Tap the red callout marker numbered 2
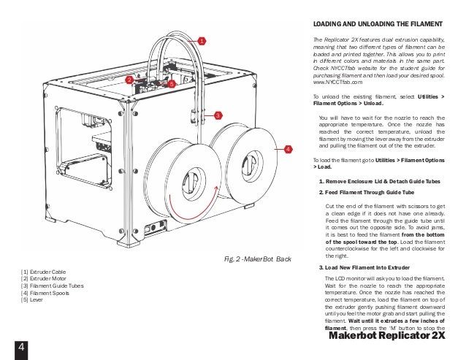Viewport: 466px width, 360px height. (129, 79)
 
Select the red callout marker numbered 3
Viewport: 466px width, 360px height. (217, 115)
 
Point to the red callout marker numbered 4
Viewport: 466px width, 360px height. (286, 148)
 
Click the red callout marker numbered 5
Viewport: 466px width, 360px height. (172, 85)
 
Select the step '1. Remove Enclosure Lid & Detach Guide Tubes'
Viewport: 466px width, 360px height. (381, 180)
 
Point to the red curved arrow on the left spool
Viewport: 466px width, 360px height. (179, 215)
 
